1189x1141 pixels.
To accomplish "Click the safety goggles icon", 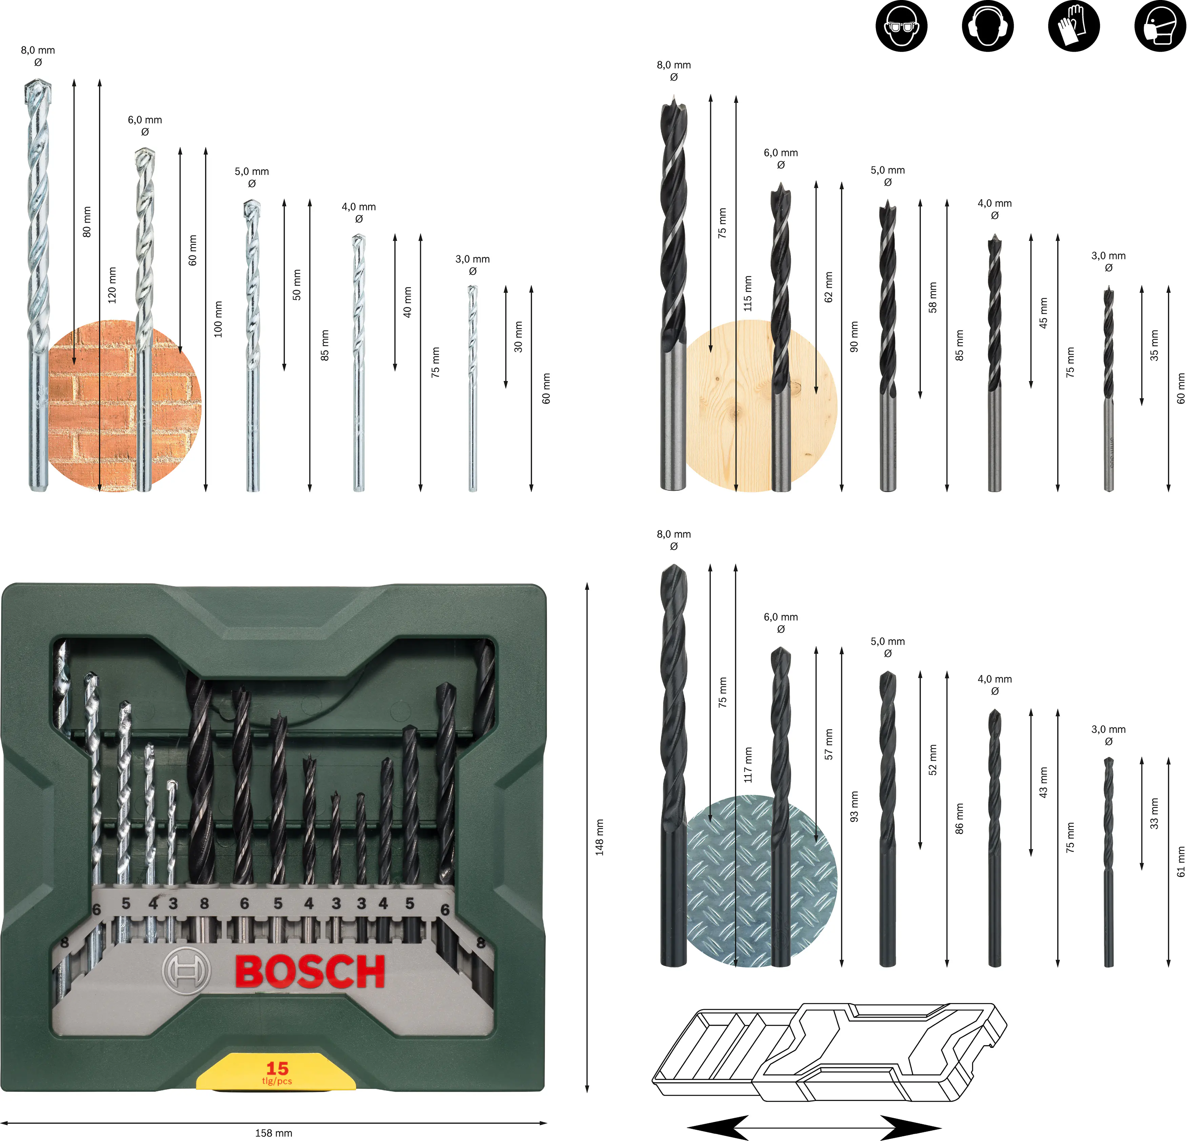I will (x=901, y=26).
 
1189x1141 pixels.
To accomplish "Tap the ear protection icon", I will (x=987, y=26).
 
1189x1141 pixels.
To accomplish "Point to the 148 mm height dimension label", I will (x=599, y=837).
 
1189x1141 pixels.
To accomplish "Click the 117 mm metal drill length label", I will (x=748, y=764).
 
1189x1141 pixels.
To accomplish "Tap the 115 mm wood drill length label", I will (x=748, y=294).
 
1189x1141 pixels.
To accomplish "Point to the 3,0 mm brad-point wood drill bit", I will (x=1108, y=388).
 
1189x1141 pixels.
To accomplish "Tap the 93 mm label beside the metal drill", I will (x=854, y=807).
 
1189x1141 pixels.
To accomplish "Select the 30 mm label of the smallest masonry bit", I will (x=518, y=337).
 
